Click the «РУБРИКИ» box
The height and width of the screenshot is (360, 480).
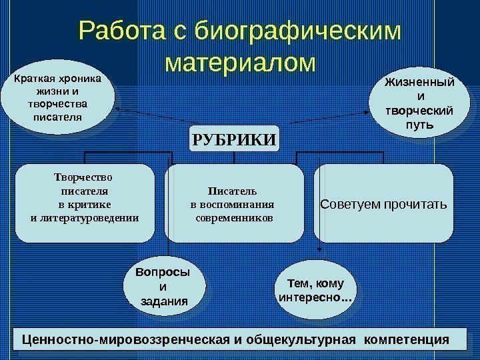(x=234, y=139)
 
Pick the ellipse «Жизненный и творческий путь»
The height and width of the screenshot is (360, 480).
(x=419, y=103)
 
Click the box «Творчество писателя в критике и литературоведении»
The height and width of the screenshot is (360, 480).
(x=85, y=203)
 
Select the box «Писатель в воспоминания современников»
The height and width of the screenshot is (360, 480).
(x=233, y=203)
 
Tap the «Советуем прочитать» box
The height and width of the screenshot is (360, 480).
(x=383, y=203)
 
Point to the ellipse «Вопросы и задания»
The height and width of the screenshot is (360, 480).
(x=162, y=287)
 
